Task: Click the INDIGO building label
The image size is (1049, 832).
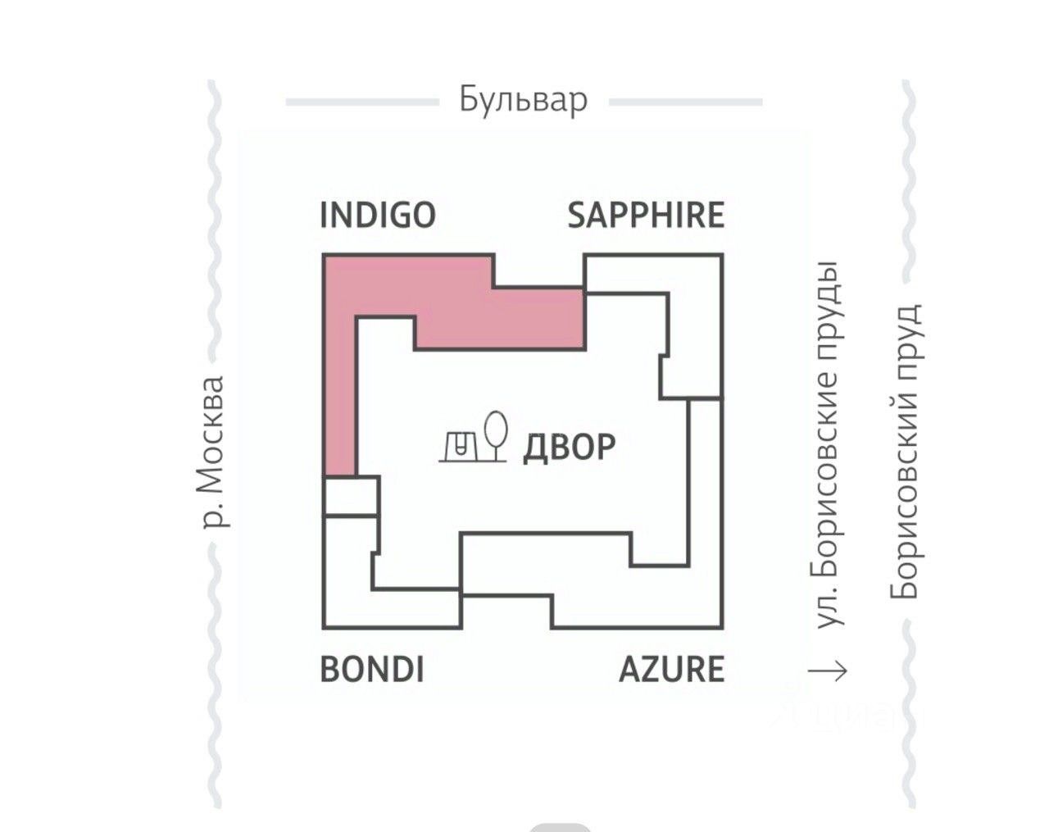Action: [x=377, y=215]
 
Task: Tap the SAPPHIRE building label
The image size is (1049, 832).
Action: [x=646, y=215]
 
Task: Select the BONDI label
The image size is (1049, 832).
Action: [x=371, y=669]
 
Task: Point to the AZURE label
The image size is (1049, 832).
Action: [x=671, y=669]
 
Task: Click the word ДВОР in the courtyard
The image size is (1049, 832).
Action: [x=569, y=447]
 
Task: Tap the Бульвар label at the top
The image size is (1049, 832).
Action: [x=523, y=100]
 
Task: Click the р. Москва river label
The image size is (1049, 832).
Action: [x=213, y=452]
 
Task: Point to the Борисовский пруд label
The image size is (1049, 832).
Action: [x=906, y=452]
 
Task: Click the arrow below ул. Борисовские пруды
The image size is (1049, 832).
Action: [x=828, y=671]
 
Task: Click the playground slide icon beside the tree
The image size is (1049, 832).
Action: [x=459, y=445]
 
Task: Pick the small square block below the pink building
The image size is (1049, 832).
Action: [x=350, y=496]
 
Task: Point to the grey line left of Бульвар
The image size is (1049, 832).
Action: [x=361, y=102]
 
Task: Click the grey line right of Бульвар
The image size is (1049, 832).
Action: [x=685, y=102]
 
